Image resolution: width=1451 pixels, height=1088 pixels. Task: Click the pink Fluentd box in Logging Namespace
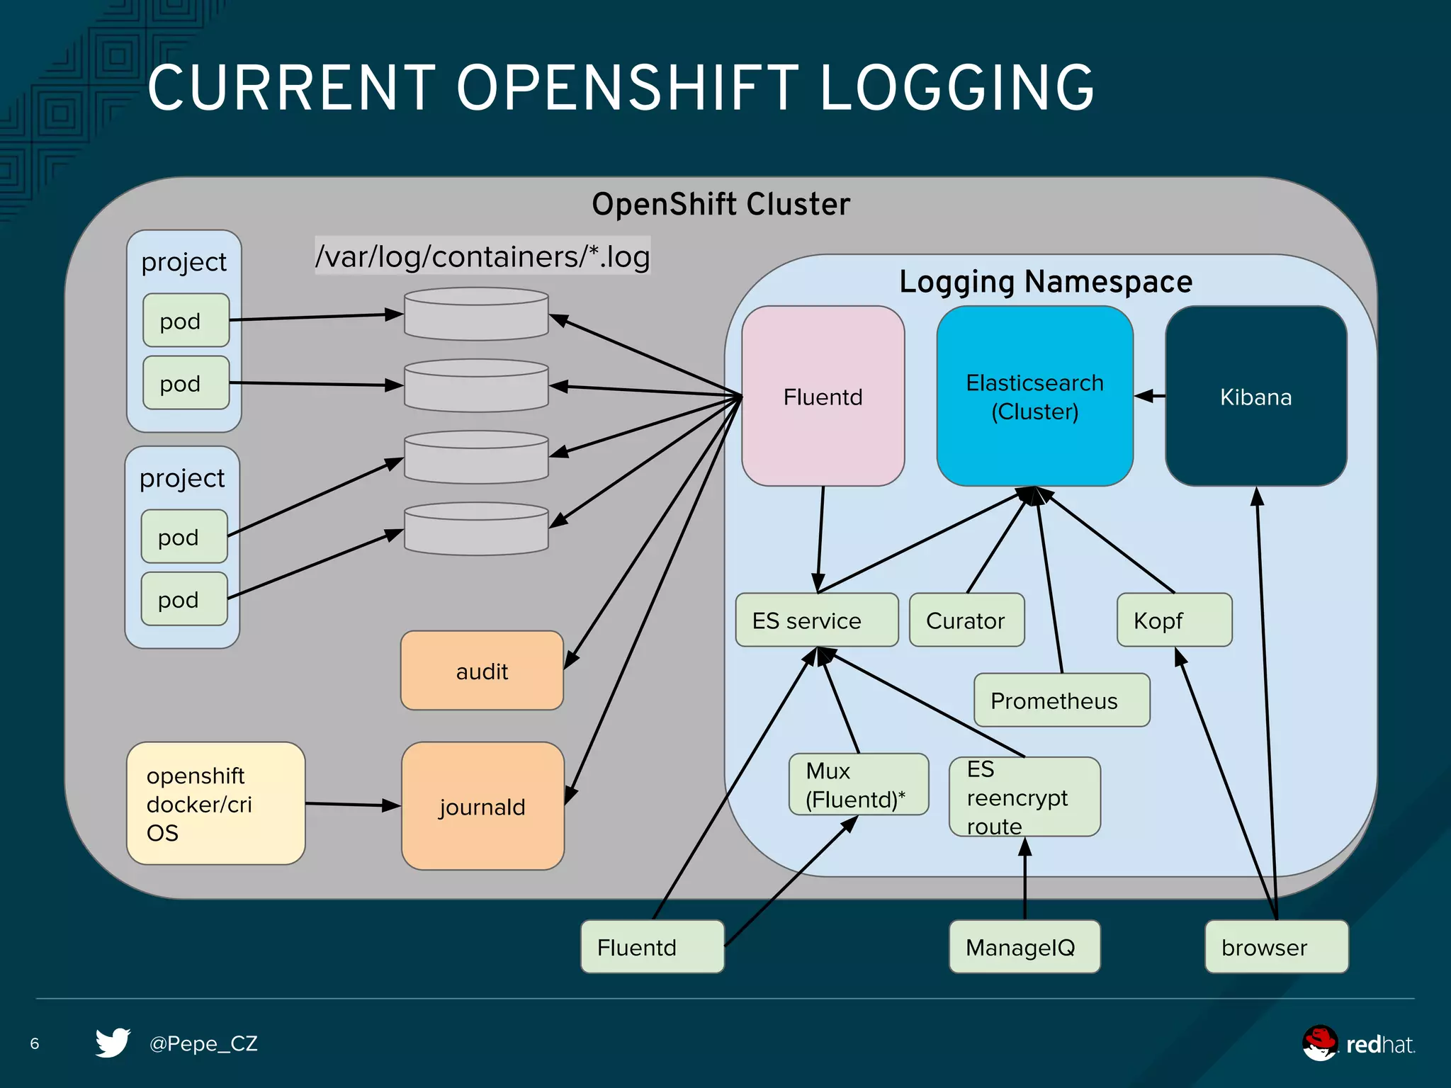pos(823,397)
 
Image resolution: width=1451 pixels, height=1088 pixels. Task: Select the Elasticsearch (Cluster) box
pos(1034,397)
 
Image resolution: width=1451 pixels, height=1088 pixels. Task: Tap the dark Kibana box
pos(1255,397)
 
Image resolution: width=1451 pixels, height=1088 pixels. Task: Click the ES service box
pos(816,620)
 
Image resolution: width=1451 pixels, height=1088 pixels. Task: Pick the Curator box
pos(966,620)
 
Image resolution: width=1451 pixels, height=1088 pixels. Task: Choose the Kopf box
pos(1174,620)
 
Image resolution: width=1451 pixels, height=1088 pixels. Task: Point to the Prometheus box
pos(1061,701)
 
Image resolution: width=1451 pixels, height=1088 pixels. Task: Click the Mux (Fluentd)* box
pos(858,785)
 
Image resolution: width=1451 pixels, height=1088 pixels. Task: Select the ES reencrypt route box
pos(1024,798)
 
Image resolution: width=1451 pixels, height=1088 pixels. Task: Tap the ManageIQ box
pos(1024,947)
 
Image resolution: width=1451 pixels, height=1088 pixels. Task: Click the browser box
pos(1276,947)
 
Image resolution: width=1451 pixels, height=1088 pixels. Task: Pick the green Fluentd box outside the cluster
pos(652,947)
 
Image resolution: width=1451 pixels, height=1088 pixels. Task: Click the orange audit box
pos(482,671)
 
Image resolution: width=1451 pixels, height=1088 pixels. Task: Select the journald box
pos(482,807)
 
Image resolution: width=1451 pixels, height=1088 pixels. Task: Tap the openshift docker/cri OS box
pos(215,804)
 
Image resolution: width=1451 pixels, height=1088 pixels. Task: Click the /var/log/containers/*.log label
pos(482,256)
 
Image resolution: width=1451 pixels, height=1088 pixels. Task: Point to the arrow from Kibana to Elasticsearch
pos(1149,396)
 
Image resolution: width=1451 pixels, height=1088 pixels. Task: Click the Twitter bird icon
pos(113,1043)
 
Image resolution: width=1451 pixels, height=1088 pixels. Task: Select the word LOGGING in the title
pos(956,89)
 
